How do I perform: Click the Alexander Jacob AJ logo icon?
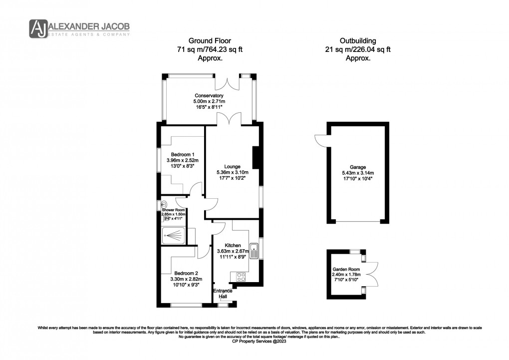click(x=38, y=28)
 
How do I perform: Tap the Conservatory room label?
click(x=209, y=95)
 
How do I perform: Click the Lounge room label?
click(x=232, y=166)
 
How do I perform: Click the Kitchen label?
click(x=233, y=245)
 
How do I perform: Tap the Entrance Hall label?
click(x=222, y=294)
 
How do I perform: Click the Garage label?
click(x=358, y=167)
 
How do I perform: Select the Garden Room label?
click(x=346, y=269)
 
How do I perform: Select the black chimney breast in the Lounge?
click(x=255, y=157)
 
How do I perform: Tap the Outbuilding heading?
click(x=358, y=40)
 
